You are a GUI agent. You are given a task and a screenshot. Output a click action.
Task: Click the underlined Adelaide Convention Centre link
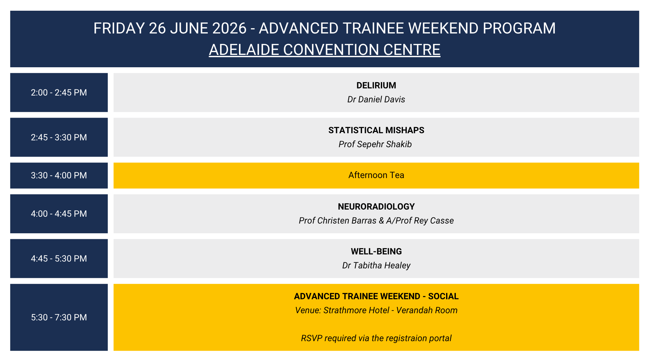tap(324, 50)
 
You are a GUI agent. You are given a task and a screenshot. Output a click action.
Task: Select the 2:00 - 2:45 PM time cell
tap(59, 93)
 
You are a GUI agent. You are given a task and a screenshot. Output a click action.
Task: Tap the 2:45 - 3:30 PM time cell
tap(59, 137)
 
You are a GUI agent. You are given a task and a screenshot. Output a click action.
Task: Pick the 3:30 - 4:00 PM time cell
tap(59, 175)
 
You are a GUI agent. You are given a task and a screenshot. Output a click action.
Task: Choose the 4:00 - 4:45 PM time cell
tap(59, 214)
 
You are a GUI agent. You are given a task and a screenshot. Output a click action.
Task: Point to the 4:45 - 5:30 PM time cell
tap(59, 259)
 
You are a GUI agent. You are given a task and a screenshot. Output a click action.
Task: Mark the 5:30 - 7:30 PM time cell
tap(59, 317)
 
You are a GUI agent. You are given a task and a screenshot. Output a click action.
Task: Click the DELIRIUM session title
tap(376, 85)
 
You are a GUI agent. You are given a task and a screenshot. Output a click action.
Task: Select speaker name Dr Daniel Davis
tap(376, 99)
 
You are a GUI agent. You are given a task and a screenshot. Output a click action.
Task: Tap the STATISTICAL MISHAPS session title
tap(376, 130)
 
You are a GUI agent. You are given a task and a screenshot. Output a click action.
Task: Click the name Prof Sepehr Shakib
tap(375, 144)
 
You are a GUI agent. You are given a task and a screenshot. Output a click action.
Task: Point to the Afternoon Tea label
tap(376, 175)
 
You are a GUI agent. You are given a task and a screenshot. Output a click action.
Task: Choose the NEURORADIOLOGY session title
tap(376, 207)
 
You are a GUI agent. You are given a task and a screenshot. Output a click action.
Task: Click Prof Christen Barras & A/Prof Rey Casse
tap(376, 221)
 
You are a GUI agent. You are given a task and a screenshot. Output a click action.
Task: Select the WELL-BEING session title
tap(376, 251)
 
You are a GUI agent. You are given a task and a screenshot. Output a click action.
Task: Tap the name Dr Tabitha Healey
tap(376, 265)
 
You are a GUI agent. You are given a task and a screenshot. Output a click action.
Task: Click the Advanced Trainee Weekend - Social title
tap(376, 296)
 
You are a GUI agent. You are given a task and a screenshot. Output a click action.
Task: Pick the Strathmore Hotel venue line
tap(376, 310)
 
